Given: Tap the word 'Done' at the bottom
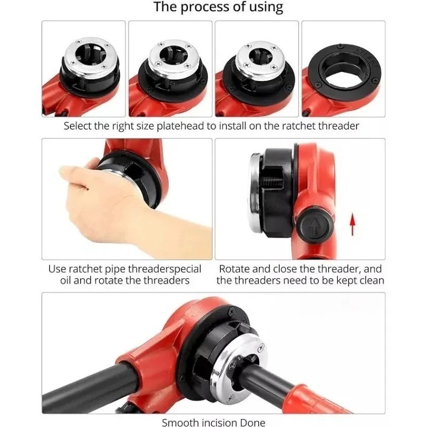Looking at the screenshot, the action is pos(252,422).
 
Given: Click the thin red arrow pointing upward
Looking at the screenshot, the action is pos(353,224).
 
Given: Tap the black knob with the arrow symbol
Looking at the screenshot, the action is pos(315,225).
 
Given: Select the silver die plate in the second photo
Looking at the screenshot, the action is pos(174,59).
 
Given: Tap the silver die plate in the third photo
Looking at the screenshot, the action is pos(260,60).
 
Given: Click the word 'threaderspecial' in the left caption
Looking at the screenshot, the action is pos(164,269).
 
